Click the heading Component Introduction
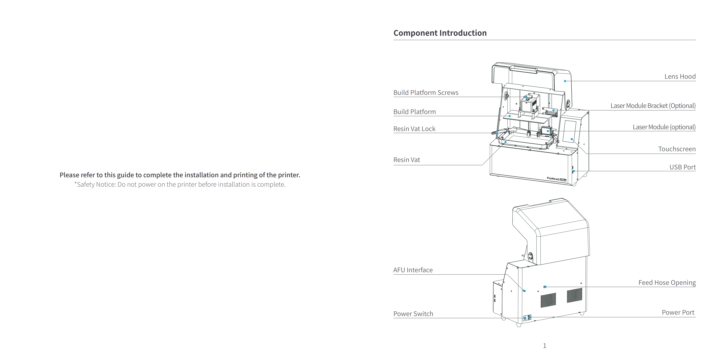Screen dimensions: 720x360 click(440, 33)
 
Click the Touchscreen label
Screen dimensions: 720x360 click(677, 149)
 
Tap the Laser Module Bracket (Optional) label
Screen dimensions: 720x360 click(653, 106)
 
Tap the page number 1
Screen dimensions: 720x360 click(544, 346)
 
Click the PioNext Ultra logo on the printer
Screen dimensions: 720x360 click(557, 179)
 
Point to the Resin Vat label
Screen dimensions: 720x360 click(407, 160)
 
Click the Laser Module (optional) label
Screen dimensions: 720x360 click(664, 127)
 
